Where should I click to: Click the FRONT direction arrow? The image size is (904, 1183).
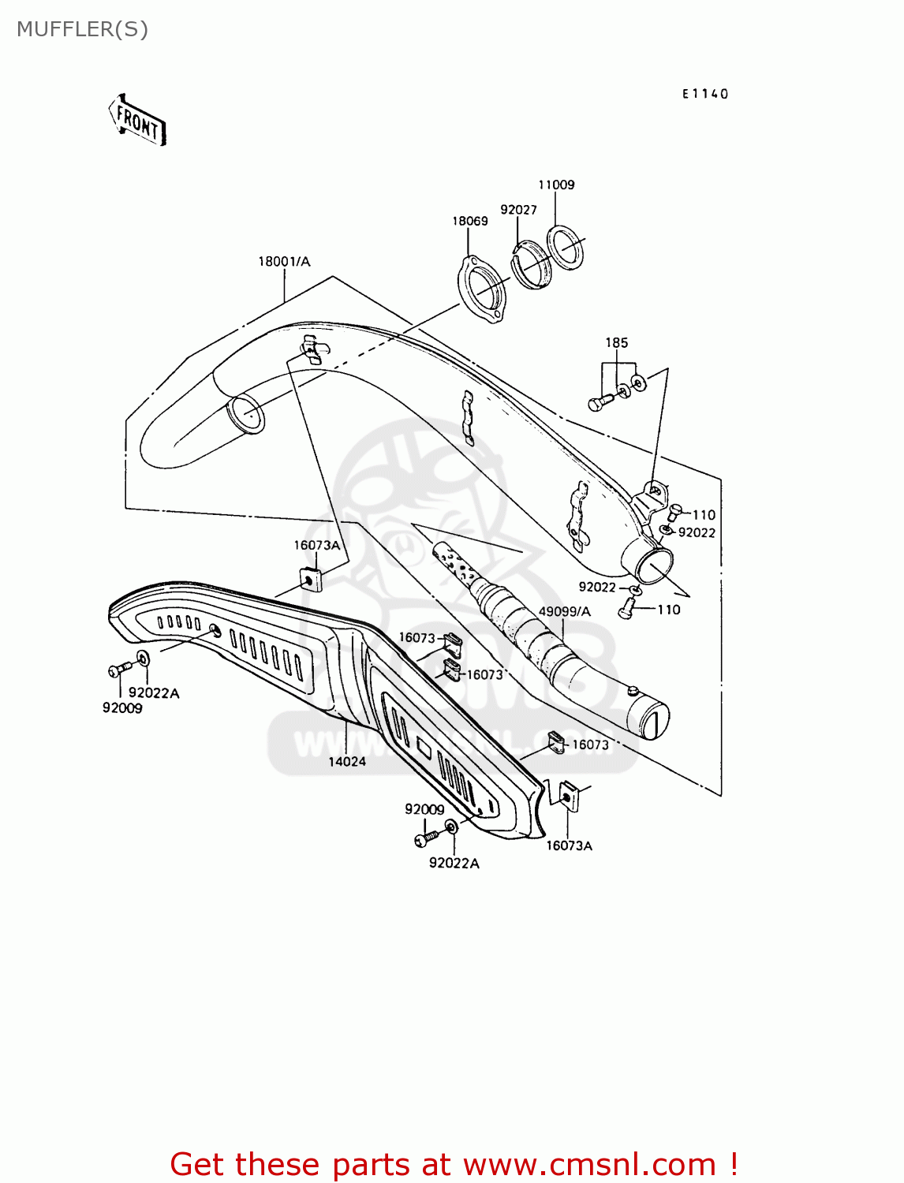click(137, 121)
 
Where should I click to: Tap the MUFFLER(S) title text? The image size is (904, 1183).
click(82, 29)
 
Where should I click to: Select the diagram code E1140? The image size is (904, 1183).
click(705, 94)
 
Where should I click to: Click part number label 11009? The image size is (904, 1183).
click(556, 185)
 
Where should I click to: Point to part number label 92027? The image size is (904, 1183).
click(518, 210)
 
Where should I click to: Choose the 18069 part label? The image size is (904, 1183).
click(469, 221)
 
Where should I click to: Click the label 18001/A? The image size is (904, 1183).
click(284, 261)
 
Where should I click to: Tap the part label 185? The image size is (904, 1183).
click(616, 342)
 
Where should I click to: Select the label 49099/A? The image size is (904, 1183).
click(564, 611)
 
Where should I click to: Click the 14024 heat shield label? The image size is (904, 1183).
click(347, 761)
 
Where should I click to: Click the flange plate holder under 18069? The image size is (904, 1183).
click(482, 289)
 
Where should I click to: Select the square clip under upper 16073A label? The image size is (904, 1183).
click(309, 579)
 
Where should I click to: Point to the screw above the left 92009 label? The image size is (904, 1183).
click(119, 670)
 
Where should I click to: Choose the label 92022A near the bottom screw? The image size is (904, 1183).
click(454, 863)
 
